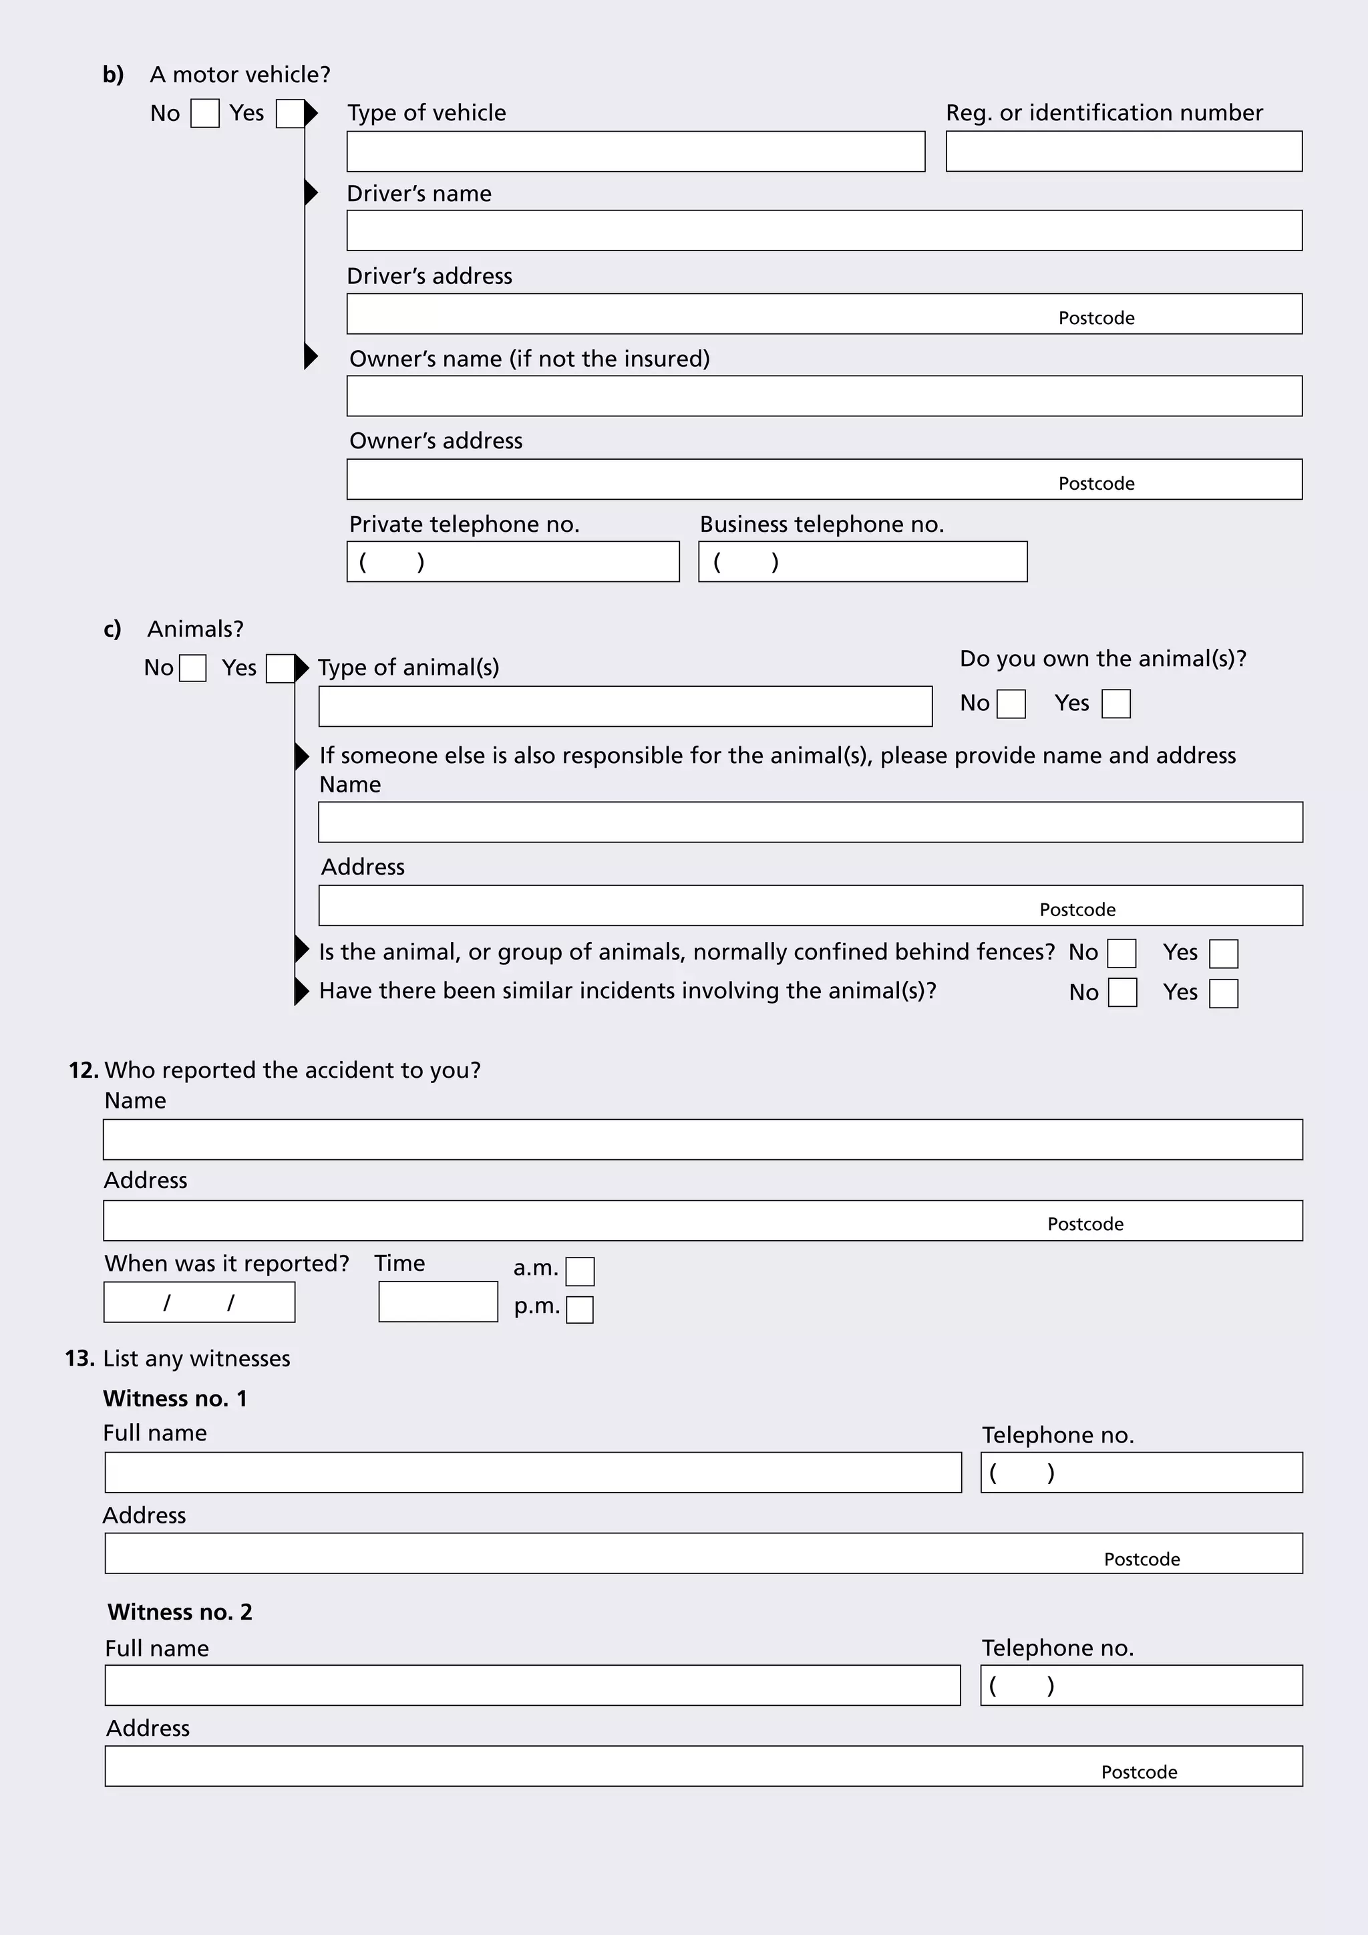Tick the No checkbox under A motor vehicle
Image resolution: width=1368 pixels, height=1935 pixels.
[x=204, y=114]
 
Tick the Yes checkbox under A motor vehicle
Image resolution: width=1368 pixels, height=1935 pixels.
[x=289, y=114]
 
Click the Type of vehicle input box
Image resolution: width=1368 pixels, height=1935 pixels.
[x=635, y=152]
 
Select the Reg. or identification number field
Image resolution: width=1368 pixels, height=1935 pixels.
[x=1123, y=152]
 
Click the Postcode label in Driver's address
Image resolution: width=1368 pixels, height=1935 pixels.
[x=1096, y=319]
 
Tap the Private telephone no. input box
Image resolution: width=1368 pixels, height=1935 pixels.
[x=512, y=562]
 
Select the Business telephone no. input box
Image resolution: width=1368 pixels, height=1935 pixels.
[x=862, y=562]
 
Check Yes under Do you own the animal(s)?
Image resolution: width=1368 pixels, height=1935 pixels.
[x=1116, y=704]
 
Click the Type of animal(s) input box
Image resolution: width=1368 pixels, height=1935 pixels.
[x=625, y=707]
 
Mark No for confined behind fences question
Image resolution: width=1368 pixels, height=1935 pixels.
[x=1122, y=954]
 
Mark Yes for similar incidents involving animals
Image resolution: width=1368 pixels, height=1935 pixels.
[x=1223, y=994]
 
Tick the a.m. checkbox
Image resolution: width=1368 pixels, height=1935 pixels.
[x=580, y=1272]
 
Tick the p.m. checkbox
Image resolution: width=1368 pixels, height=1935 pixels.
[x=580, y=1310]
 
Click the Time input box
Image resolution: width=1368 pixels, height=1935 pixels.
[x=438, y=1302]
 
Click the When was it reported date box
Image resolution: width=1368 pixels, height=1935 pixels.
[x=199, y=1302]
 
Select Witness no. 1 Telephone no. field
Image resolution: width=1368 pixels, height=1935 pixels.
[x=1142, y=1473]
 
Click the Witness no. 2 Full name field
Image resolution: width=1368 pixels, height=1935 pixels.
[x=532, y=1686]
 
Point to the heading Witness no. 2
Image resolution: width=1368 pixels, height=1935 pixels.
[x=180, y=1612]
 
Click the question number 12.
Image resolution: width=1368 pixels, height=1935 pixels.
[x=83, y=1070]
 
